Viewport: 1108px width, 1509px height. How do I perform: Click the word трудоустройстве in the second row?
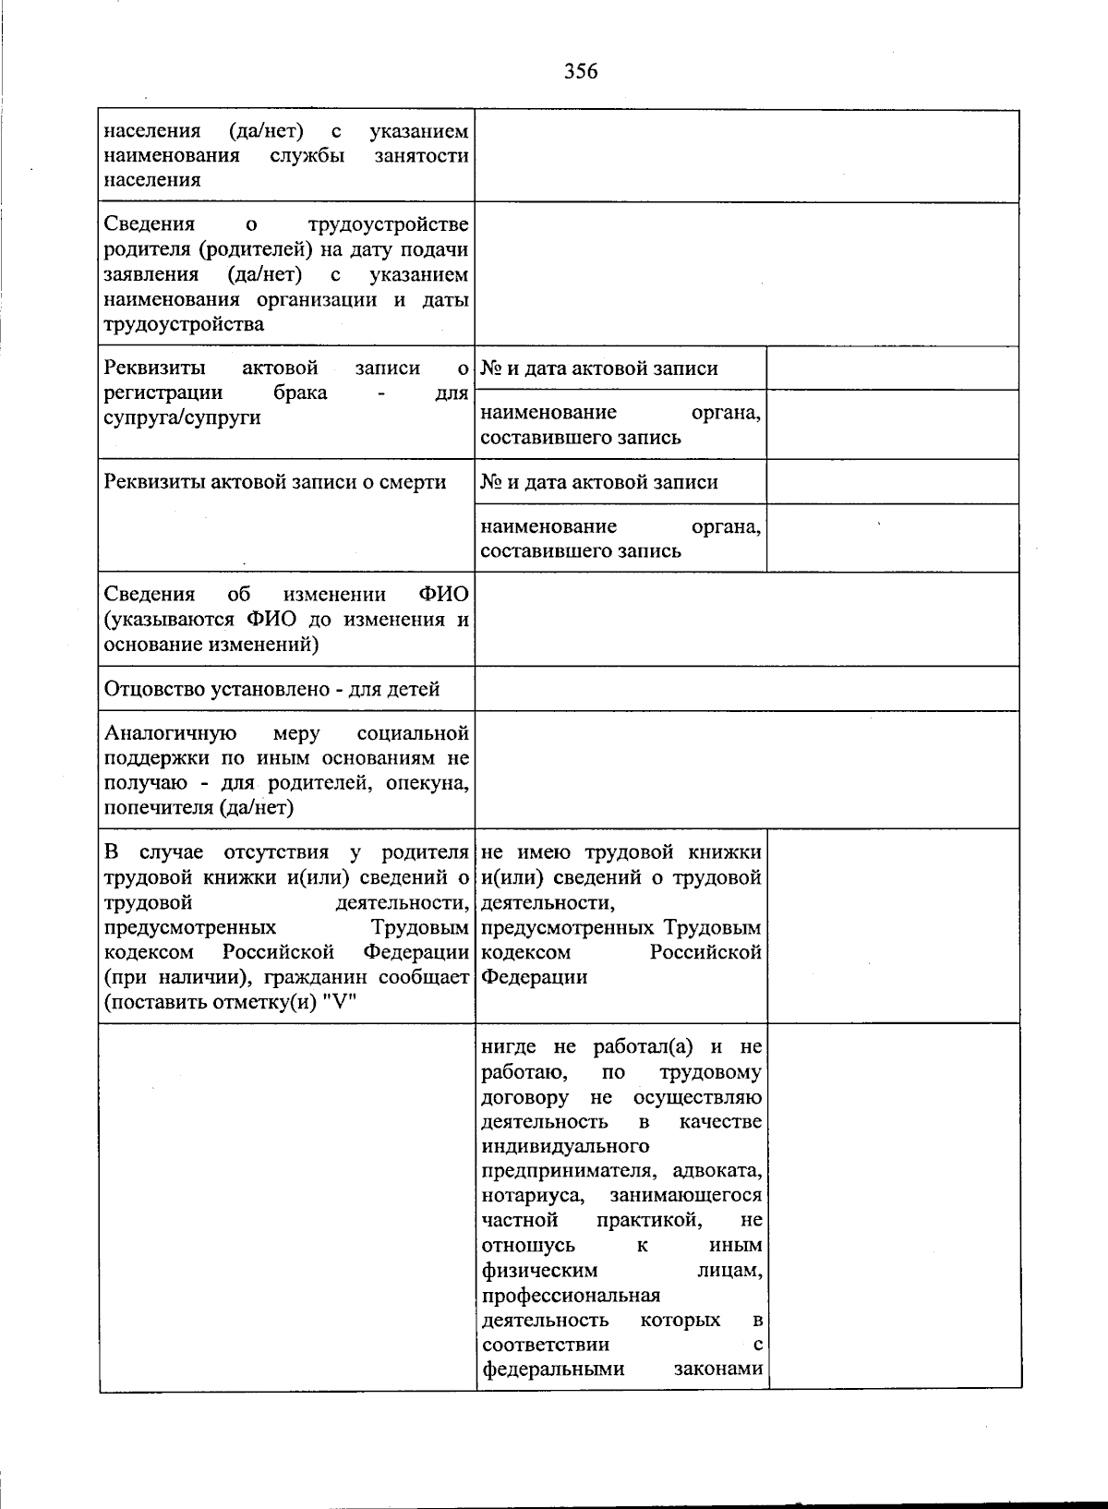(x=388, y=224)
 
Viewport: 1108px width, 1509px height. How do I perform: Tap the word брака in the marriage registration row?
(x=300, y=392)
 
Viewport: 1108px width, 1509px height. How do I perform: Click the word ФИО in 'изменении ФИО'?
(x=443, y=594)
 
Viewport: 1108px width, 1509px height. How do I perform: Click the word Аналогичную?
(x=171, y=733)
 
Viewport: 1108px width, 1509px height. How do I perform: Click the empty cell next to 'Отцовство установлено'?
(x=746, y=689)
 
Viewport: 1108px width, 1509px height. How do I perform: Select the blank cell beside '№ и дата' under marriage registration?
(x=892, y=368)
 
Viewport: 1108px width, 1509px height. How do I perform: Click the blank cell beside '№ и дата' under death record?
(x=892, y=482)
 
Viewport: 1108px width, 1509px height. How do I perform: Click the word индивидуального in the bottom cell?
(x=565, y=1146)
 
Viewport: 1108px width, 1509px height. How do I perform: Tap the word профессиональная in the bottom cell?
(x=571, y=1296)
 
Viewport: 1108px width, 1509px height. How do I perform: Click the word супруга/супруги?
(x=182, y=417)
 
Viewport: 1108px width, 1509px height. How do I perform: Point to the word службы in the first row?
(x=307, y=156)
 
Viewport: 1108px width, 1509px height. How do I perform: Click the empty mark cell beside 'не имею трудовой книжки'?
(x=892, y=925)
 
